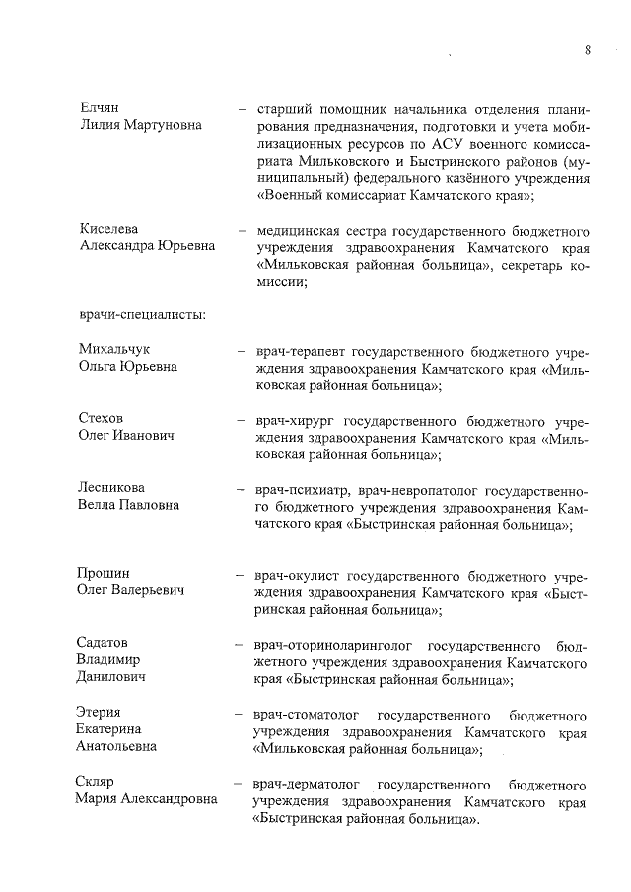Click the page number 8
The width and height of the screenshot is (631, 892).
[587, 48]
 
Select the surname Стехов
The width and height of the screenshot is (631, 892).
[101, 418]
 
